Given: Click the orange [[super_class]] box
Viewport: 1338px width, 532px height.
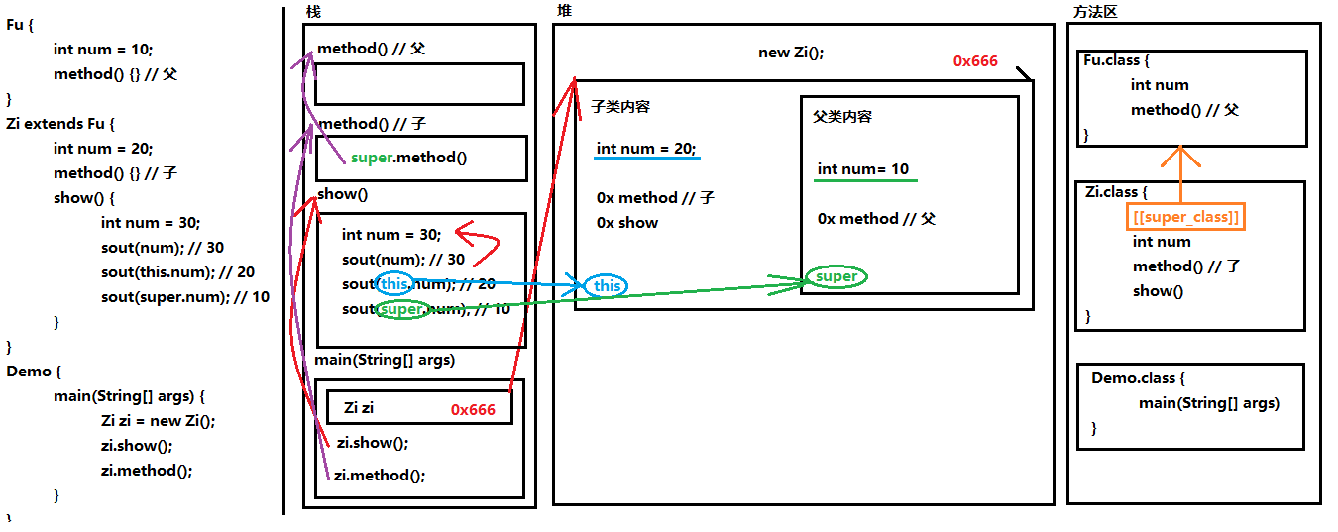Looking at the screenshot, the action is point(1185,217).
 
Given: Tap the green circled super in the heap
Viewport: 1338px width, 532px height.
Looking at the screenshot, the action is point(836,276).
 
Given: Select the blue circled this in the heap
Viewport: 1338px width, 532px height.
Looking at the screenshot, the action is point(607,286).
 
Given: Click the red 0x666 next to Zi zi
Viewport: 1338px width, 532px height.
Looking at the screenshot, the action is point(473,409).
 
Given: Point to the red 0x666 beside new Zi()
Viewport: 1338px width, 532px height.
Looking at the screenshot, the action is point(975,60).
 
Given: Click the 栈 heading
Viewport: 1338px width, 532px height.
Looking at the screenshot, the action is point(313,12).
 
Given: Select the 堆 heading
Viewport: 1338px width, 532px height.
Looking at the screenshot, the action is point(565,11).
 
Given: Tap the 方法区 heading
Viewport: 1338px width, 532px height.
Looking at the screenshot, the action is point(1095,12).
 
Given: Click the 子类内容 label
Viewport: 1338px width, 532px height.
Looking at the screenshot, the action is point(620,107).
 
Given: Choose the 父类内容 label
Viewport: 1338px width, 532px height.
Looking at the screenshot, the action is point(842,117).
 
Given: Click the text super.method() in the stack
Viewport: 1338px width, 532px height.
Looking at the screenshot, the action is point(408,158).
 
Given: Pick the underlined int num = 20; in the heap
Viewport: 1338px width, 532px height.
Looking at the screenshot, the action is point(646,149).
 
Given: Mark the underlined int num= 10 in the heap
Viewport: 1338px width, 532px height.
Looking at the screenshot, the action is point(863,169).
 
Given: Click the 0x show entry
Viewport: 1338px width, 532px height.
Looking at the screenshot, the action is point(627,223).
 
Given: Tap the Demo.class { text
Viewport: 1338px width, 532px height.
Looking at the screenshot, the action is point(1138,378).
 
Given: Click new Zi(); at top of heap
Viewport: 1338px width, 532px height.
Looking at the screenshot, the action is point(791,53).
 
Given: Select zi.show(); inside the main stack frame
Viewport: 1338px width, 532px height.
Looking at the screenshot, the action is point(373,443).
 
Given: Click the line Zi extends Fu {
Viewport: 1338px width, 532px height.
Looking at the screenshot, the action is point(60,124).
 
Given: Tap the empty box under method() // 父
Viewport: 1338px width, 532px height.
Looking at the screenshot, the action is point(419,84).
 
